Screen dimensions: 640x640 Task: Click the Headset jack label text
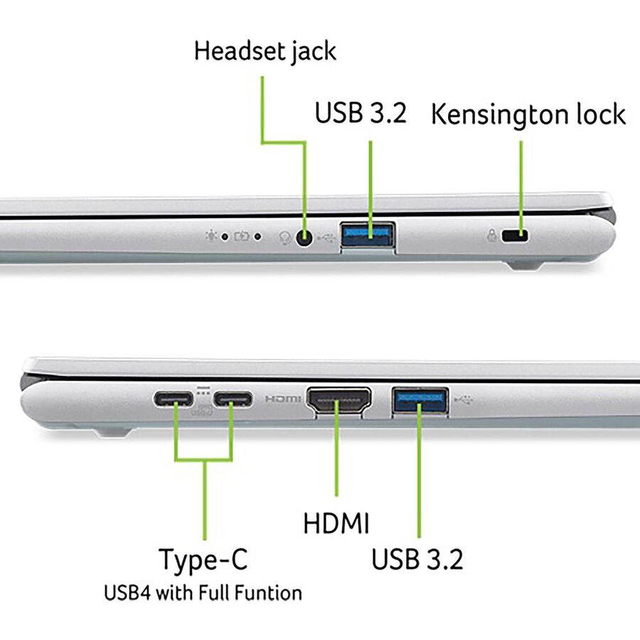[265, 52]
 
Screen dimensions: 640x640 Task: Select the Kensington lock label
[528, 114]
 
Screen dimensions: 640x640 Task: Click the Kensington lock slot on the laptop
[515, 236]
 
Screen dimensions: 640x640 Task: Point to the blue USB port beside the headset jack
[368, 235]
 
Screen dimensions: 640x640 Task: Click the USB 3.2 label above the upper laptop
[361, 112]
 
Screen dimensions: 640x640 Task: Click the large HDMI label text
[336, 523]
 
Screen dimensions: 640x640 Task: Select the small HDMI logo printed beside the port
[283, 398]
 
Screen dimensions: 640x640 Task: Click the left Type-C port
[174, 399]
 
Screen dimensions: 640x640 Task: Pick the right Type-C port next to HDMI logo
[233, 399]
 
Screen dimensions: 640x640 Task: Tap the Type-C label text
[203, 560]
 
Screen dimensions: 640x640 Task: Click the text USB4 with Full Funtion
[203, 592]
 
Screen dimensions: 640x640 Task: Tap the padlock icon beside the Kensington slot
[492, 235]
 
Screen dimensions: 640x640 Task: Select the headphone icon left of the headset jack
[284, 238]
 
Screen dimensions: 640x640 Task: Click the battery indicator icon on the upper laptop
[242, 236]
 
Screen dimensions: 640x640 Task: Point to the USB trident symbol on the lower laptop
[463, 400]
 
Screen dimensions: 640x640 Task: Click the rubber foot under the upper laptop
[526, 266]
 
